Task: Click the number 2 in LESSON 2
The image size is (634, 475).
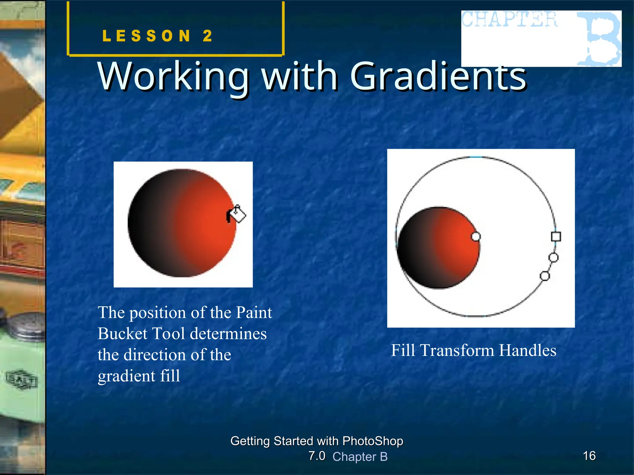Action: point(208,36)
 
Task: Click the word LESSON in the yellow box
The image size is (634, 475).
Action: point(146,36)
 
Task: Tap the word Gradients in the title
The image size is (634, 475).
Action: point(438,76)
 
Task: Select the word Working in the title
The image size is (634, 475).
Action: point(173,76)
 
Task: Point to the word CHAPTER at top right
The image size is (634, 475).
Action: point(510,19)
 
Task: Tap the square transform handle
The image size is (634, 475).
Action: point(556,237)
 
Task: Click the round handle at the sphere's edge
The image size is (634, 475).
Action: point(475,237)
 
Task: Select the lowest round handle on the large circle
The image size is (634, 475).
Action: point(545,276)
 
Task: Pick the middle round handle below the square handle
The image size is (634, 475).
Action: point(553,257)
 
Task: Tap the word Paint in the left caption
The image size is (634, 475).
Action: point(254,313)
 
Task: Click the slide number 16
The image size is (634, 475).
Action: point(589,456)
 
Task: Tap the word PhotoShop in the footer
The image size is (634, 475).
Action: point(373,441)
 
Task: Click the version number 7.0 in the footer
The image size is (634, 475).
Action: point(317,456)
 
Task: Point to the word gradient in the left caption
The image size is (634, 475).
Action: point(127,376)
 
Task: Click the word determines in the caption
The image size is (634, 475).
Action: point(228,334)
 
